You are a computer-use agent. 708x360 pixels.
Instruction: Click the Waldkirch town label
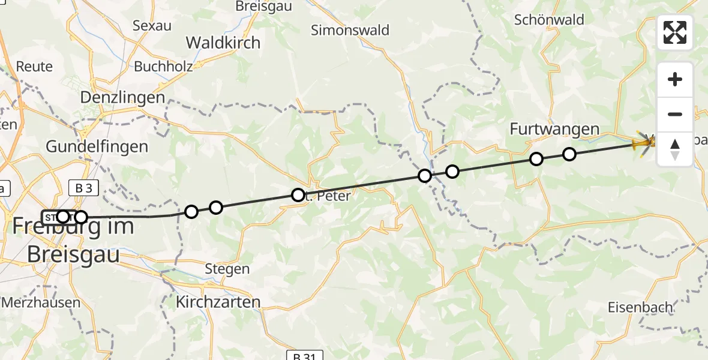tap(223, 43)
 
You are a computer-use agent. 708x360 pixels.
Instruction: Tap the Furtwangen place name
tap(554, 129)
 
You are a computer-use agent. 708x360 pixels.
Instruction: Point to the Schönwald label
tap(549, 20)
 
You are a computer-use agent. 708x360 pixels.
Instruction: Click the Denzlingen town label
tap(122, 98)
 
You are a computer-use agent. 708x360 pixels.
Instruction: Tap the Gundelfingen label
tap(97, 146)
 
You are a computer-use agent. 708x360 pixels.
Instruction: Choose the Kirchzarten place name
tap(218, 302)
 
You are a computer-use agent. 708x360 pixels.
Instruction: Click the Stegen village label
tap(227, 269)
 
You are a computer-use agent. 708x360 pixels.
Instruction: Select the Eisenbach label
tap(640, 307)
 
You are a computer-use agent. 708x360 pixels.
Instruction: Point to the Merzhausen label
tap(41, 302)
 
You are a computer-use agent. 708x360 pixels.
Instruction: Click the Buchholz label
tap(163, 66)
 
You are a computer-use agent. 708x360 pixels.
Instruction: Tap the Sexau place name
tap(152, 26)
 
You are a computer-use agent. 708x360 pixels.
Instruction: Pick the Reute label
tap(35, 66)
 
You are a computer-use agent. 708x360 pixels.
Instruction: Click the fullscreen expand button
tap(675, 32)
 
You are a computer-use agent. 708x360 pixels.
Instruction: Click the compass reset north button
tap(675, 149)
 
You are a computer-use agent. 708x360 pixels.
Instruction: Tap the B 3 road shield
tap(83, 188)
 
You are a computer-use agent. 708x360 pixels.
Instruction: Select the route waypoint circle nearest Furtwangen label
tap(536, 159)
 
